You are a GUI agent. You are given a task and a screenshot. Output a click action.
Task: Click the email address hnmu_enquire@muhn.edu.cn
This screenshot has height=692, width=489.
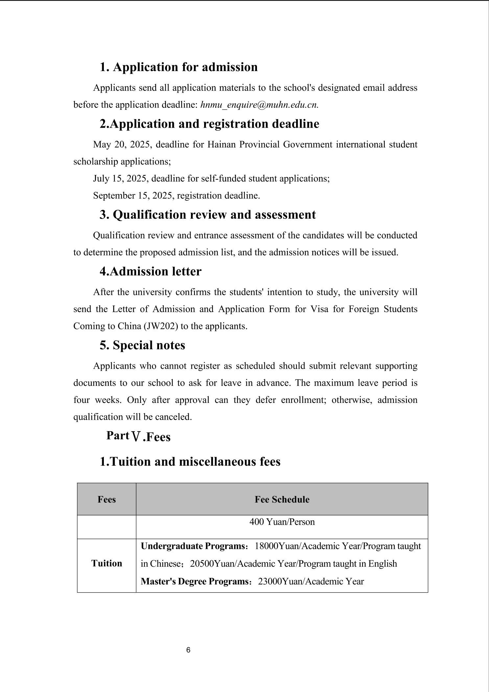(x=259, y=105)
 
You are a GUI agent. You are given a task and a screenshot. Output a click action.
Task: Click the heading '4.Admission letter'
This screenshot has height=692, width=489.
(x=151, y=272)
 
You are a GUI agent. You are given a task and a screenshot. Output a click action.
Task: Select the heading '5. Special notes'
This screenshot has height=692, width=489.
(x=142, y=345)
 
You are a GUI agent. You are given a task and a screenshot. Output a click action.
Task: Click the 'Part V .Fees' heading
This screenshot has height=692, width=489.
(x=138, y=436)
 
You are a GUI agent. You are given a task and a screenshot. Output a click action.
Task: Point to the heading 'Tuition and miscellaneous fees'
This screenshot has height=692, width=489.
(x=190, y=462)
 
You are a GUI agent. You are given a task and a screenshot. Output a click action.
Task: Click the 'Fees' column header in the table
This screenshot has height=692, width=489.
(x=106, y=499)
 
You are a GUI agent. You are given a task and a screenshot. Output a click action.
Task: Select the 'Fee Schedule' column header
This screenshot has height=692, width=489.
(x=282, y=499)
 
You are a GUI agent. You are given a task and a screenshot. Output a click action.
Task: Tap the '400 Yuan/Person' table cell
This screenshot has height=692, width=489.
(x=282, y=522)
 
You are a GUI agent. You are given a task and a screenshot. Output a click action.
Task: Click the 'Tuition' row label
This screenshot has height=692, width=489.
(x=106, y=563)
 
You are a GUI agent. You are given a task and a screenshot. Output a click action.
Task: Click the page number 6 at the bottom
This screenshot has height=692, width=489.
(x=188, y=650)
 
